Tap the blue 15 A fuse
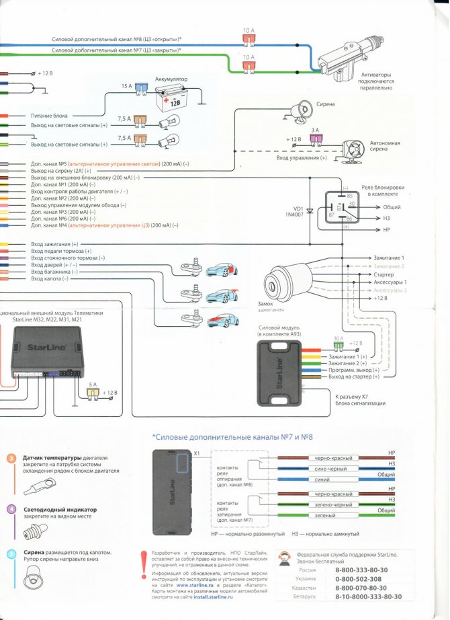pyautogui.click(x=140, y=87)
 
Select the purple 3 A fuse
pyautogui.click(x=314, y=139)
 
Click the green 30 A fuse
pyautogui.click(x=339, y=345)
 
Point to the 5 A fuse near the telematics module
pyautogui.click(x=93, y=391)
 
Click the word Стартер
pyautogui.click(x=384, y=275)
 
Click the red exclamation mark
pyautogui.click(x=142, y=563)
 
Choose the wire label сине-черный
pyautogui.click(x=328, y=469)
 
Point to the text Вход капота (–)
pyautogui.click(x=50, y=278)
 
